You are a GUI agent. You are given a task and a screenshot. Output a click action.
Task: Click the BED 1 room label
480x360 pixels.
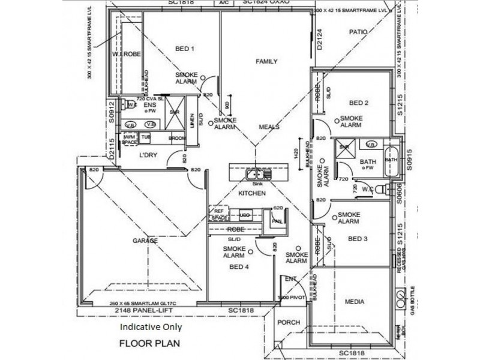click(x=184, y=49)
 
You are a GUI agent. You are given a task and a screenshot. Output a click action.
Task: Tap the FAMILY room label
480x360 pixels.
click(x=266, y=62)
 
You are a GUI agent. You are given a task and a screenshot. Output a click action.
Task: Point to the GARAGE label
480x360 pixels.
click(x=145, y=241)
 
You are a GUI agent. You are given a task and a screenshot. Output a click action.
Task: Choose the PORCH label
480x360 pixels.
click(x=289, y=323)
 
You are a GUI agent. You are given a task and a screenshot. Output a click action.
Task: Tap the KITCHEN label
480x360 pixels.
click(x=251, y=194)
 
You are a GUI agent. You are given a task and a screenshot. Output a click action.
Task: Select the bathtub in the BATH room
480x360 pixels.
click(x=391, y=160)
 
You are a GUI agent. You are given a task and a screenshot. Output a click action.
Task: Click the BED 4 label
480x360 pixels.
click(x=239, y=267)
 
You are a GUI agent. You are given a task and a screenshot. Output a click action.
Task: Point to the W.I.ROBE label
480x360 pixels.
click(x=126, y=55)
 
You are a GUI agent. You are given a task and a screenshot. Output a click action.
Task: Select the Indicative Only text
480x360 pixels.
click(x=151, y=328)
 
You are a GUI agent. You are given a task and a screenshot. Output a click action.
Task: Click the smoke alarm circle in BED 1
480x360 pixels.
click(x=203, y=77)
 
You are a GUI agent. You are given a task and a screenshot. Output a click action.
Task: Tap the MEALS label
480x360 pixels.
click(x=269, y=127)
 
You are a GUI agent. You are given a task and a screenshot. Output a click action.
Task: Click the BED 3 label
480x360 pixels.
click(x=358, y=239)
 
